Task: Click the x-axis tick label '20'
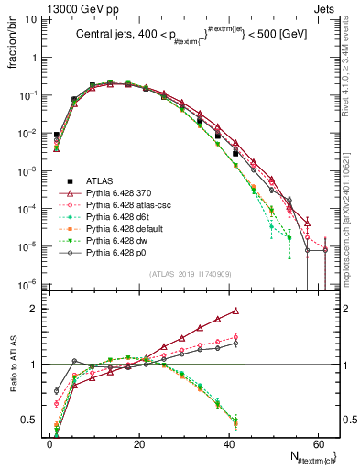click(x=138, y=442)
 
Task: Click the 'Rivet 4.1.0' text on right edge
click(x=351, y=73)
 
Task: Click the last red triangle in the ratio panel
click(x=235, y=311)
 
